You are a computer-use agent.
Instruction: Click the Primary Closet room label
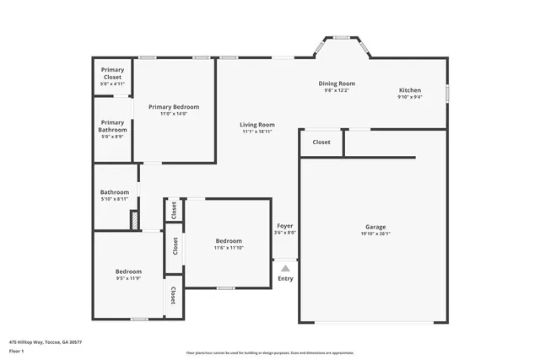click(112, 73)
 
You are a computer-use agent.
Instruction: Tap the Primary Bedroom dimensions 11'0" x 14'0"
click(174, 114)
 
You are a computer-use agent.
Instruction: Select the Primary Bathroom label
click(112, 126)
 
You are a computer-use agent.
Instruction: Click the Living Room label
click(257, 125)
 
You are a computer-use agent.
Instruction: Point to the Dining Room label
click(336, 83)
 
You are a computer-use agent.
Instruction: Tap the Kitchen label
click(410, 90)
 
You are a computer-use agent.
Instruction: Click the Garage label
click(375, 227)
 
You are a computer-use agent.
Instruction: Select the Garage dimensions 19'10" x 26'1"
click(375, 234)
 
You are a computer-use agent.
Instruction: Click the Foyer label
click(285, 226)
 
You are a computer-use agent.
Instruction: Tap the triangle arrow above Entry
click(285, 269)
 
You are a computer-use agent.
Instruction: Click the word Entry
click(285, 278)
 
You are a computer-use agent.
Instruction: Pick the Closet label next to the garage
click(321, 142)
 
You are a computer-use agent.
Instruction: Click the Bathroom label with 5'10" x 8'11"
click(115, 192)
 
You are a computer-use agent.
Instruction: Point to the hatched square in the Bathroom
click(133, 219)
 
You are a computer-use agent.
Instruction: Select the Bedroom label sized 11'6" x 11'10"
click(228, 241)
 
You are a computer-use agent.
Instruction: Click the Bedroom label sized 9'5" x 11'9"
click(128, 271)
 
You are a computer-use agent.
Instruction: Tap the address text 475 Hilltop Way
click(46, 330)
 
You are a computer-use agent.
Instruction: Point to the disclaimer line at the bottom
click(270, 352)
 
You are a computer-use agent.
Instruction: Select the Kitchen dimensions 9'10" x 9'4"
click(410, 97)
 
